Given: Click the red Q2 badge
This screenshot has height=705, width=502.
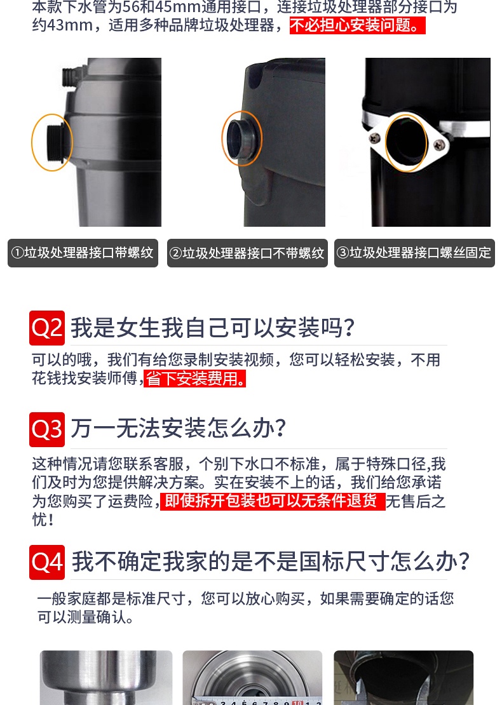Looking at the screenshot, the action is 47,328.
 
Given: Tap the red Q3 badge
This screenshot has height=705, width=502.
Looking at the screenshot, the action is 47,429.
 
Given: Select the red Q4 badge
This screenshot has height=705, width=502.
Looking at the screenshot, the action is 47,562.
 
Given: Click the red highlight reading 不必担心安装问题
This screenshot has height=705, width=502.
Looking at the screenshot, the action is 357,25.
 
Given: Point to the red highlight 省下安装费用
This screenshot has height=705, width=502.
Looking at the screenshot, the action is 195,379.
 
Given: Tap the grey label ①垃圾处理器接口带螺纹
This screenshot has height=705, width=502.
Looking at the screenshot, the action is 83,253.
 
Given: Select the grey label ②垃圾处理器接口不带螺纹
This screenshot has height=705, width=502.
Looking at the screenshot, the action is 247,253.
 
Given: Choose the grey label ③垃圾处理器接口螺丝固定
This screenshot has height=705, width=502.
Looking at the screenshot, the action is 414,253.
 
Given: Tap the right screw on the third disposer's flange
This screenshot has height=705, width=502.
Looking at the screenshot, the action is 438,145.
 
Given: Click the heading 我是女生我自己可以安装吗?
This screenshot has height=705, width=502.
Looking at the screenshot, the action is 213,328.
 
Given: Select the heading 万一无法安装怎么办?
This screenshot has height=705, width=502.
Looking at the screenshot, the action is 179,428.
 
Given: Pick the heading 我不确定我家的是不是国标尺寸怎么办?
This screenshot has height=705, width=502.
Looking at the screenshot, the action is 271,561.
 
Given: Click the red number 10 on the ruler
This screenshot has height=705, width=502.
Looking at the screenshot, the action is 297,702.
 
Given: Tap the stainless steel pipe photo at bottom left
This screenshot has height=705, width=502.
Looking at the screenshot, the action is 106,678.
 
